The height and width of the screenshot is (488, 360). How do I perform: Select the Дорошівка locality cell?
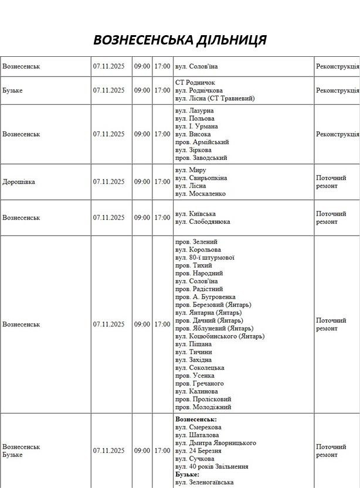click(x=19, y=182)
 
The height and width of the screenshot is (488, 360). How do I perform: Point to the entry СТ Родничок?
click(x=195, y=83)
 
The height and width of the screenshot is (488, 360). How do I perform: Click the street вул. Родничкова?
click(x=199, y=91)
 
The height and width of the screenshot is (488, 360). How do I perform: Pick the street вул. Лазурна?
click(x=194, y=111)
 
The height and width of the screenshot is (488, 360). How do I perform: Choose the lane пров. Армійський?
click(x=202, y=142)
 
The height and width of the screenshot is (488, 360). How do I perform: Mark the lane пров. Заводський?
click(x=201, y=158)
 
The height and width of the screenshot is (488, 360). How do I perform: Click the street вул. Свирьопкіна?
click(x=201, y=178)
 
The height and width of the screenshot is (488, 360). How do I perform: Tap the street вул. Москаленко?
click(x=200, y=194)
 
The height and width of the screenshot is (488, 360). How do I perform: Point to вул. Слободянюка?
click(x=202, y=222)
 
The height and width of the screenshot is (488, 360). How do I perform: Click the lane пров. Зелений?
click(x=196, y=242)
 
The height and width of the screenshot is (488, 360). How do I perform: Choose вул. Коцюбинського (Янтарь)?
click(x=220, y=336)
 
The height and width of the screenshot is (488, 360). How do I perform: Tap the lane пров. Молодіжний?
click(x=203, y=407)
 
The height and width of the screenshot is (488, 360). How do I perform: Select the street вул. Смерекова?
click(x=198, y=428)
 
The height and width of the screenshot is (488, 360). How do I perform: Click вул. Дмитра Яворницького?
click(x=215, y=443)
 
